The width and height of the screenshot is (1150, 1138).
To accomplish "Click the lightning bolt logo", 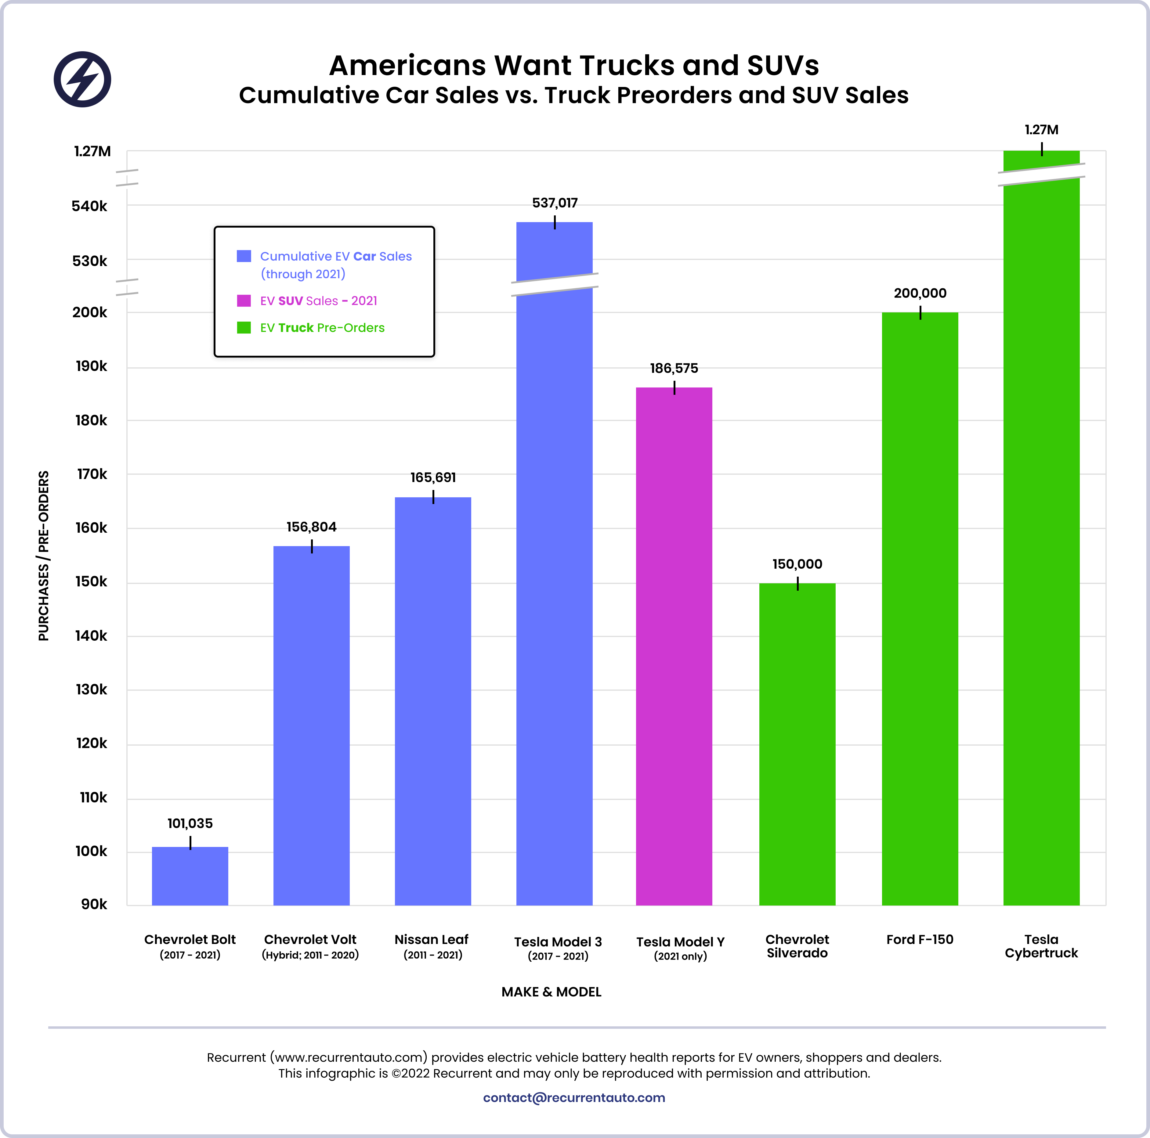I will [x=82, y=79].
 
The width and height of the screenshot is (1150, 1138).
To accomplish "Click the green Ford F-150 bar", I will [x=920, y=607].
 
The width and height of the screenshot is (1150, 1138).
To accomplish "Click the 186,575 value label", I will [x=674, y=368].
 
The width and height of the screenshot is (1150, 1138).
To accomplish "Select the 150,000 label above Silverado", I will [x=797, y=564].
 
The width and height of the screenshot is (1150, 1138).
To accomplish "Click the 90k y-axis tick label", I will [x=94, y=904].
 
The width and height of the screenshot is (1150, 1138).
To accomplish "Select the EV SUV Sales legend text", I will [x=318, y=301].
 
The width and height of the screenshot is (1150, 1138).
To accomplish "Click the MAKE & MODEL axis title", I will [x=551, y=992].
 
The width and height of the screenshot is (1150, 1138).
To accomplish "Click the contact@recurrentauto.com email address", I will [x=574, y=1097].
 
